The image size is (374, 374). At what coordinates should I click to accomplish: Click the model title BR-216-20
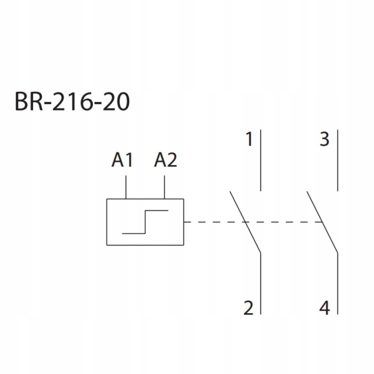[x=72, y=102]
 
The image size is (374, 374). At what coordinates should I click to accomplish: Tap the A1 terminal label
[x=122, y=160]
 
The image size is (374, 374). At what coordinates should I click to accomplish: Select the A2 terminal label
[x=166, y=160]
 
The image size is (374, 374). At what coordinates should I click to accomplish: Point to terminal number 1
[x=249, y=139]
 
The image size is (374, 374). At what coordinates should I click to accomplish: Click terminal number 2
[x=248, y=308]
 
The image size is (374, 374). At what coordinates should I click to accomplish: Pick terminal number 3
[x=325, y=139]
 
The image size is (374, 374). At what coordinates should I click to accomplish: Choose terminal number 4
[x=325, y=308]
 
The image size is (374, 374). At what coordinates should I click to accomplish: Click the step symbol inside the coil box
[x=145, y=222]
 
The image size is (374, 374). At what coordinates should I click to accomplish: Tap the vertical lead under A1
[x=126, y=187]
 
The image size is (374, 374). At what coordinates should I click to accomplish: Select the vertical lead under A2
[x=164, y=187]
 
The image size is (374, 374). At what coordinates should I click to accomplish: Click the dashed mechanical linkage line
[x=253, y=222]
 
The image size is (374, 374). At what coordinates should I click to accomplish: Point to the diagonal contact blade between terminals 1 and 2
[x=245, y=222]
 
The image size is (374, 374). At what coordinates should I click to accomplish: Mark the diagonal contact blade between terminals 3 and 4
[x=322, y=222]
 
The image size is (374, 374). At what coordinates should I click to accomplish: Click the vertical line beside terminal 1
[x=260, y=160]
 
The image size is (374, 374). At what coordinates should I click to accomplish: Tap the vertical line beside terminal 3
[x=337, y=160]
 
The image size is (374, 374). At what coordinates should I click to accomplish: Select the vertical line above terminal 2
[x=260, y=283]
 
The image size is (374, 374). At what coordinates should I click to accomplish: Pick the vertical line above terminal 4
[x=337, y=283]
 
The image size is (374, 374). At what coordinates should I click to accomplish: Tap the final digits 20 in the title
[x=116, y=102]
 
